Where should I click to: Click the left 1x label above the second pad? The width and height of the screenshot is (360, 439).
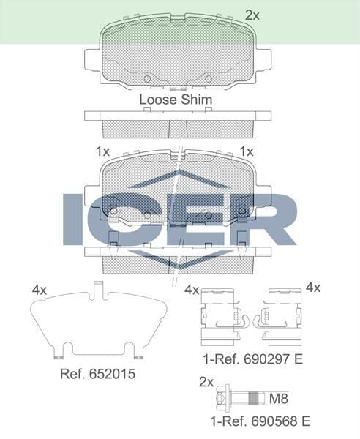102,151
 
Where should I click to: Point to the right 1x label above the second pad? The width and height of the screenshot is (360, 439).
247,151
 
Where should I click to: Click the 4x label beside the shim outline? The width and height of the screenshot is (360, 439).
40,290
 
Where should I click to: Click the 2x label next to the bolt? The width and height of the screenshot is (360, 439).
206,382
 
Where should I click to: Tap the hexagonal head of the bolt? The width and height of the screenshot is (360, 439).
221,399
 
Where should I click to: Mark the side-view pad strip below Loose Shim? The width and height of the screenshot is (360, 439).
178,125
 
